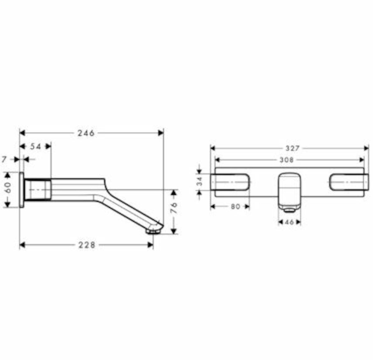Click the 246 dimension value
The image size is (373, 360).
[x=86, y=133]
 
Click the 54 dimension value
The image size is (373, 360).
[x=35, y=146]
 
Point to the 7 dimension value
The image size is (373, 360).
[x=4, y=159]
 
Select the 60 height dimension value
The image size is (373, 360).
[x=8, y=187]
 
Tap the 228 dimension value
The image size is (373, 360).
[x=87, y=245]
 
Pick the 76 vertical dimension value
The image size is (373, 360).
[x=175, y=208]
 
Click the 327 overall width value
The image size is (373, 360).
[x=292, y=148]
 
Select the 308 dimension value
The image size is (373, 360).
[x=287, y=160]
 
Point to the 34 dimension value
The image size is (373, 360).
[x=199, y=181]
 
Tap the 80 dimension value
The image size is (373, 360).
[x=235, y=207]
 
